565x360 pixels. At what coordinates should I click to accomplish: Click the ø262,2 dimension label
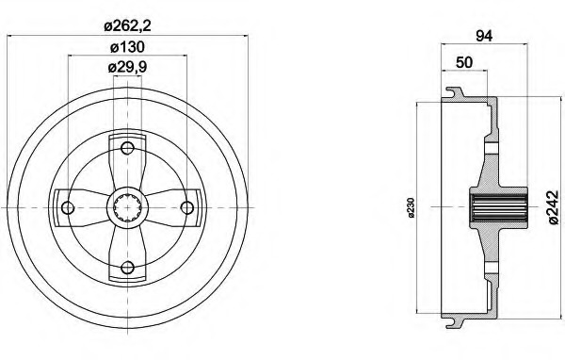coord(127,25)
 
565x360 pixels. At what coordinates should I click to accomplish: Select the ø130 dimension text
coord(127,47)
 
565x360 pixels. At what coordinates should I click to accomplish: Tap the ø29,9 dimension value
coord(127,67)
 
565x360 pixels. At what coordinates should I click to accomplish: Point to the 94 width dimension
coord(484,36)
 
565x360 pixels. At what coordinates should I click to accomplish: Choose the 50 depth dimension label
coord(464,62)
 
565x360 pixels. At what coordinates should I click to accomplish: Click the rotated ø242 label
coord(554,207)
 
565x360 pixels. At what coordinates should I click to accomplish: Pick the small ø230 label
coord(412,207)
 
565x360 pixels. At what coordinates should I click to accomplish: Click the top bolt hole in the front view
coord(127,148)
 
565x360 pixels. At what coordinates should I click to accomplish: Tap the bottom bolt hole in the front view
coord(127,268)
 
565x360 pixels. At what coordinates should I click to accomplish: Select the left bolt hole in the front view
coord(68,207)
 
